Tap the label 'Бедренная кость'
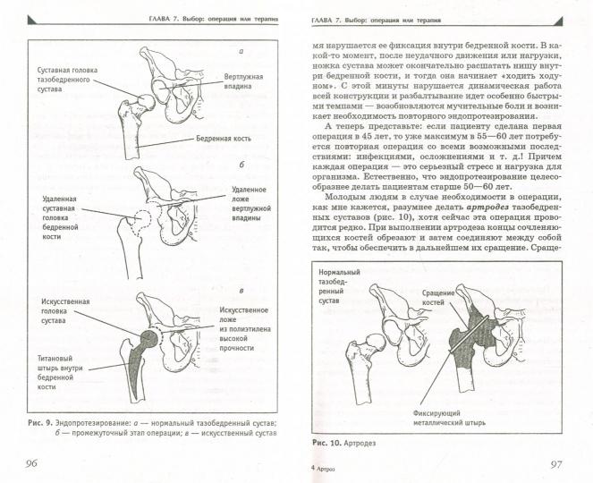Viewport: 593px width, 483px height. (x=224, y=140)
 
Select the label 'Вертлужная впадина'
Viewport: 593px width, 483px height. (x=243, y=83)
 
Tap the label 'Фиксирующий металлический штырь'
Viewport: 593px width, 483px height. (x=444, y=419)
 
